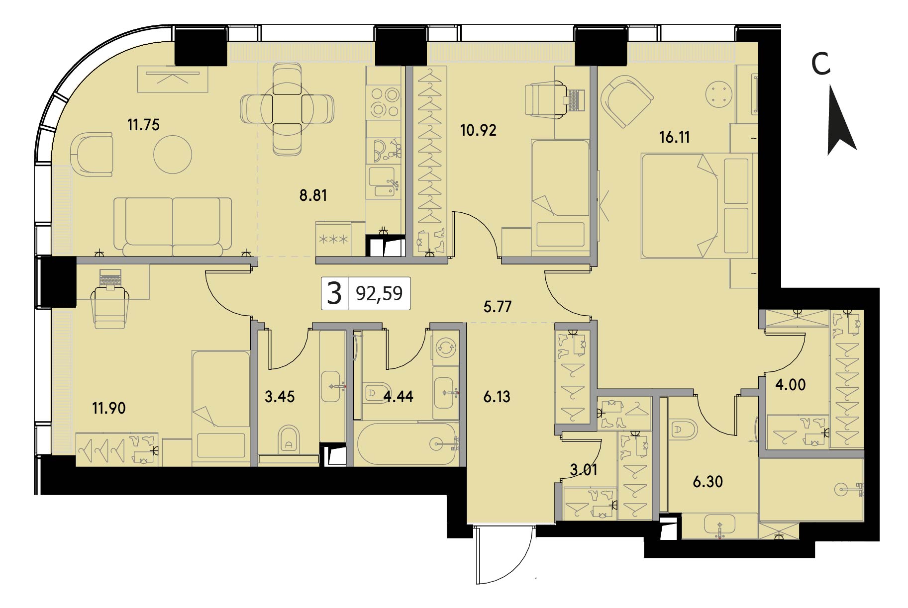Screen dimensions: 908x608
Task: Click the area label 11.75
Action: (x=143, y=125)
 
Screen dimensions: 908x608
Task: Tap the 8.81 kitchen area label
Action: (x=313, y=195)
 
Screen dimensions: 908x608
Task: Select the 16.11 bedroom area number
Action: (x=675, y=137)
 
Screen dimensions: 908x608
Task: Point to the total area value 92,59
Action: (x=379, y=293)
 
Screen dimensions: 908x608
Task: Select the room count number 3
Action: (x=335, y=293)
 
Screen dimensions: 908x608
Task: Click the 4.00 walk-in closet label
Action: (x=791, y=385)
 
